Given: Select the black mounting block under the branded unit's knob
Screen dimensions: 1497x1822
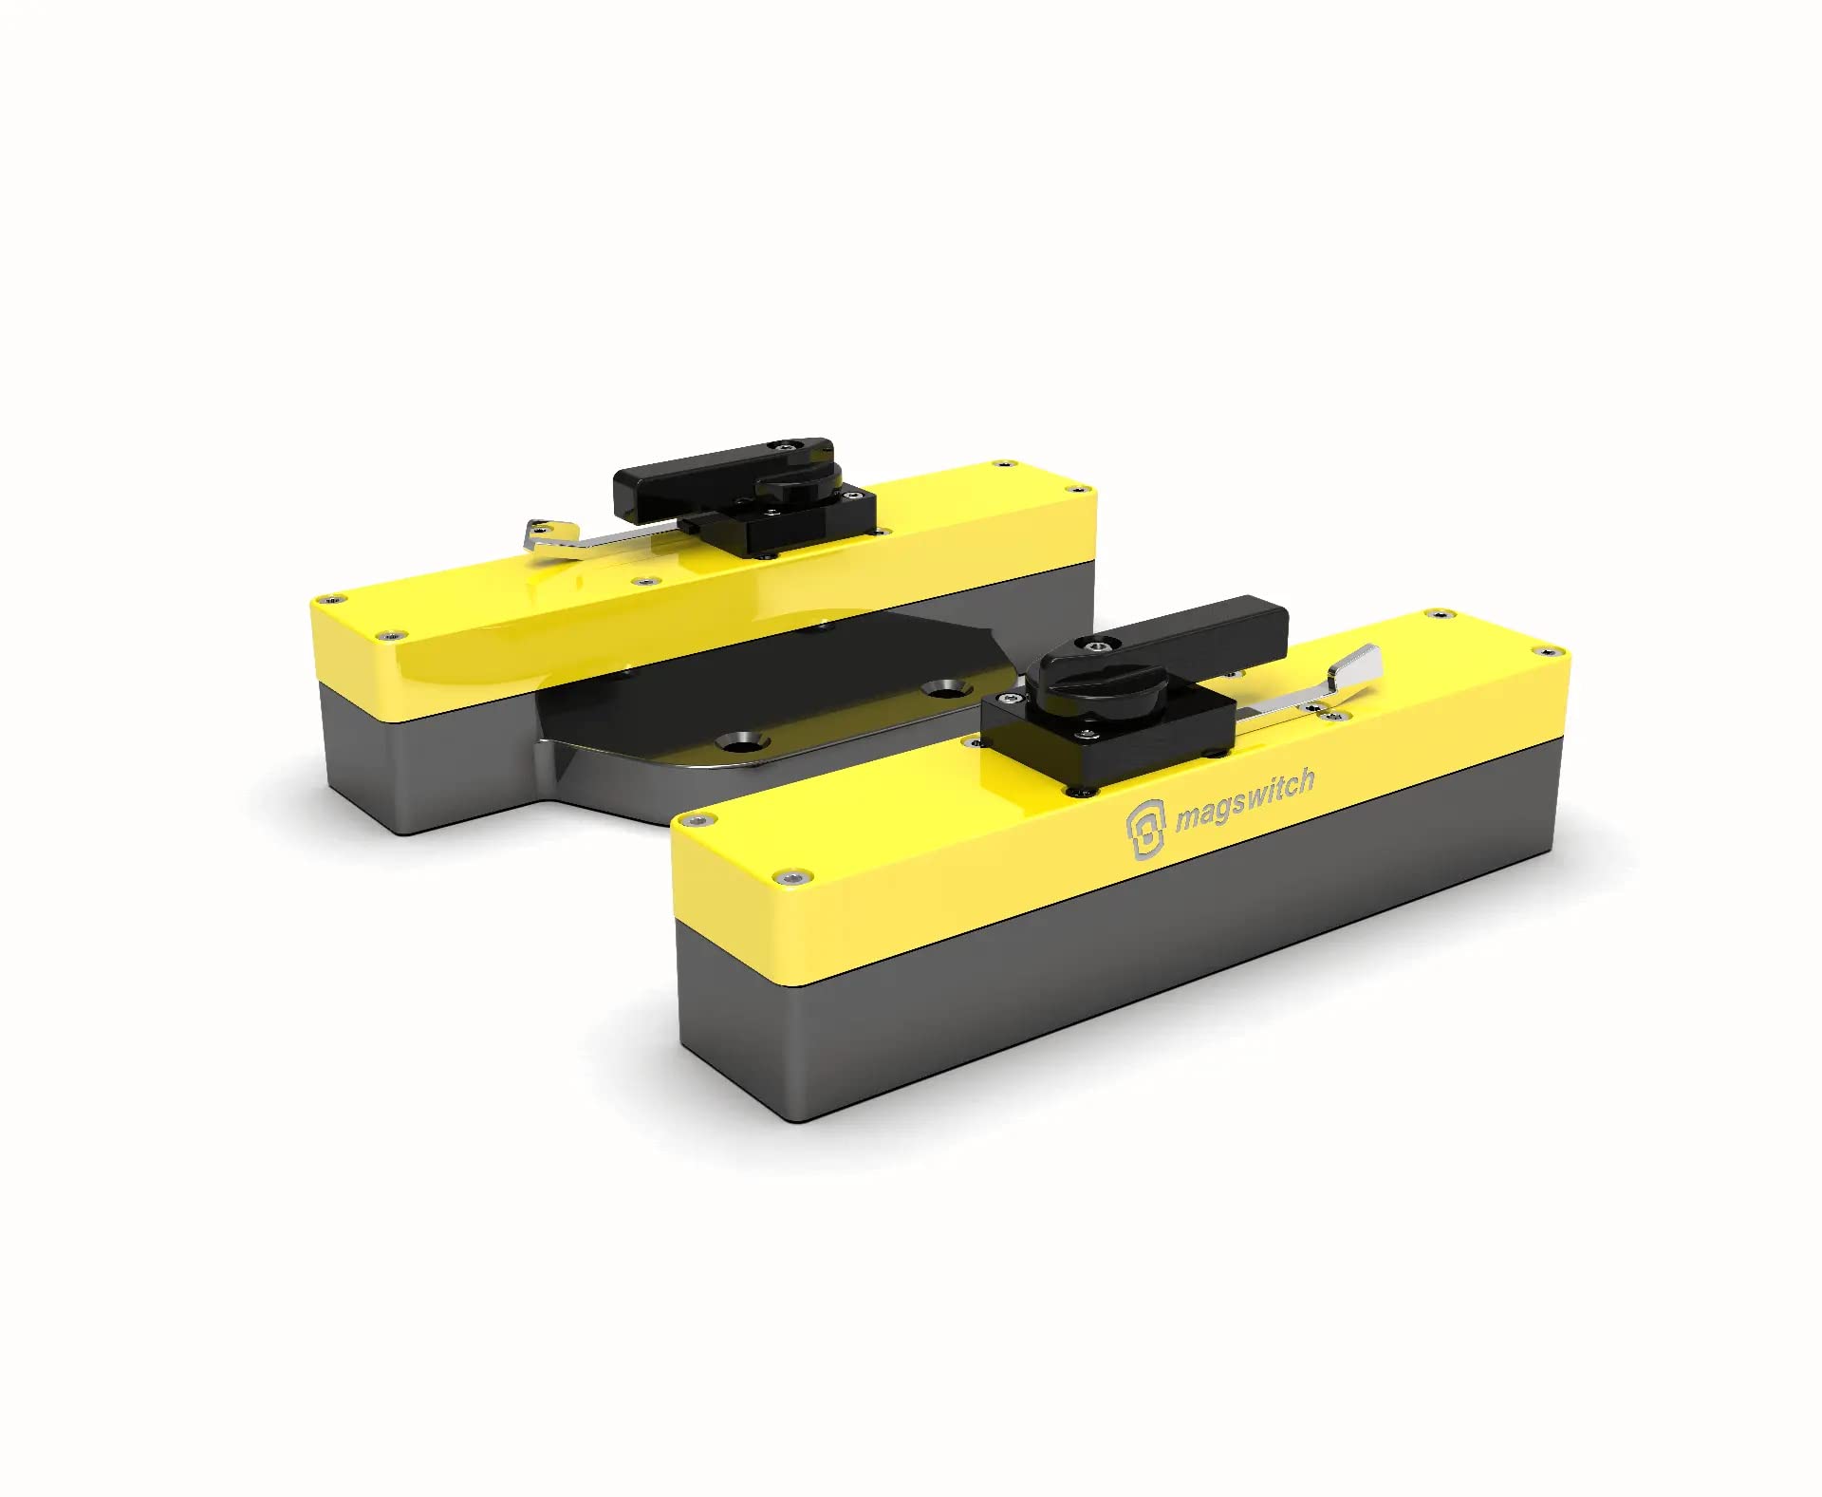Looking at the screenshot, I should [x=1101, y=745].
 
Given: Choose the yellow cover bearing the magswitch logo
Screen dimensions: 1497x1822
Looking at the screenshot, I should [x=949, y=854].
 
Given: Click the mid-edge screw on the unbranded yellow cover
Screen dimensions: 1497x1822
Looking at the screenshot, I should [x=647, y=580].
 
